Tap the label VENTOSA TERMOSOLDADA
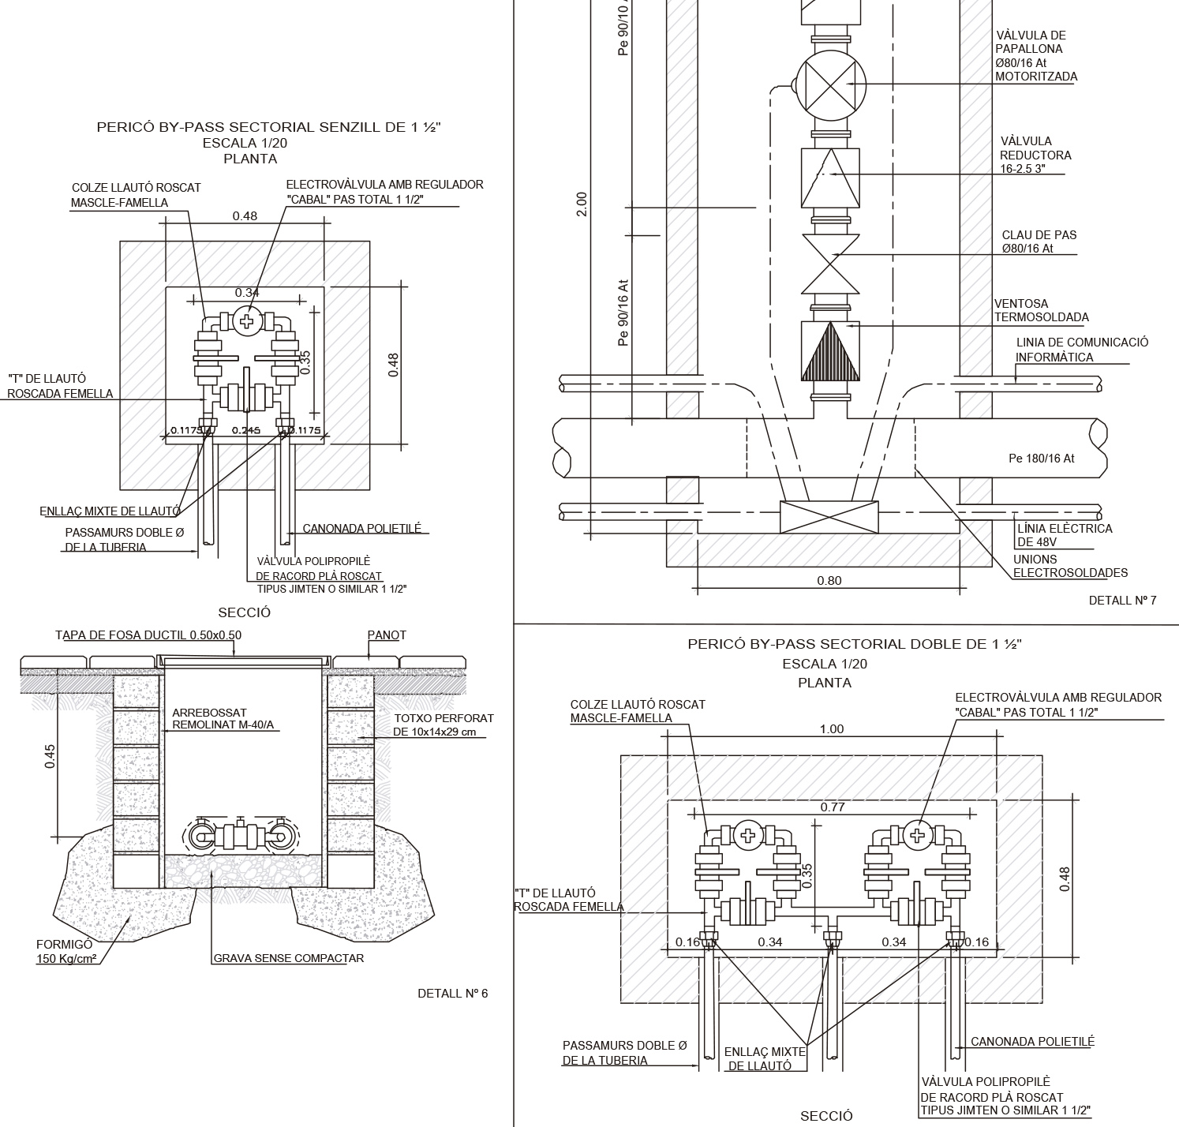pos(1042,310)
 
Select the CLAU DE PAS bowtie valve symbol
pos(829,262)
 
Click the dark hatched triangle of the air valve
pos(829,352)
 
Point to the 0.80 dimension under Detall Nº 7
pos(829,581)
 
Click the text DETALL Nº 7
pos(1122,601)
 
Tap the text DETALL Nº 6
pos(453,993)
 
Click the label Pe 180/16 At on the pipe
pos(1042,459)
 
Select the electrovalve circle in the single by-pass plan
pos(248,320)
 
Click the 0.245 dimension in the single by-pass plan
pos(246,431)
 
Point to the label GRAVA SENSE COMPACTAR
pos(289,958)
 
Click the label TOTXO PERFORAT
pos(444,718)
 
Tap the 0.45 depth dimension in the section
pos(50,756)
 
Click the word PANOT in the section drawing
pos(387,635)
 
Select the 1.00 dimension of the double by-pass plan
pos(832,729)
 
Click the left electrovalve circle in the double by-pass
pos(747,834)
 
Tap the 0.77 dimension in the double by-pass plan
pos(832,807)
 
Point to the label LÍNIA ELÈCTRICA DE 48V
pos(1065,535)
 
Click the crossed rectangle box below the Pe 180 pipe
pos(829,516)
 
